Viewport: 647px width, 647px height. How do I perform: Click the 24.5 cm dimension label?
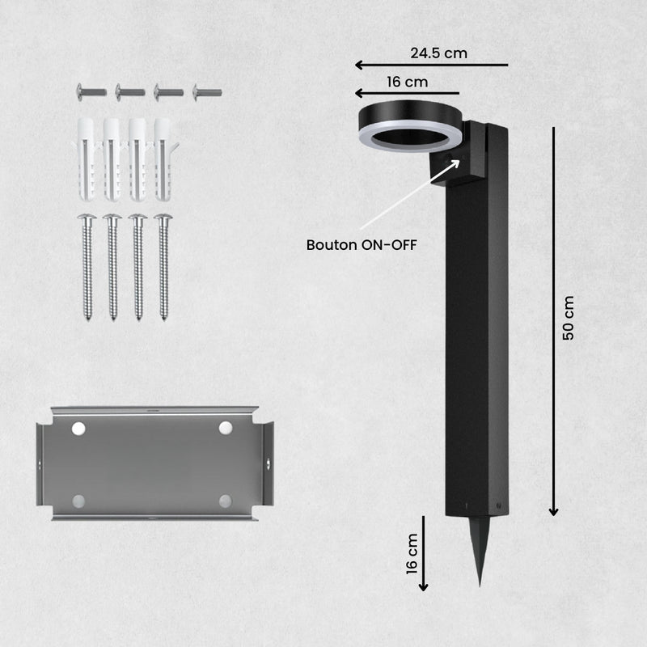438,53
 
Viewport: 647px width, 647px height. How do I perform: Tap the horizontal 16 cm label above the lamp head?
408,82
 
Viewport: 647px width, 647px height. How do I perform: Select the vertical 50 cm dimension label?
569,318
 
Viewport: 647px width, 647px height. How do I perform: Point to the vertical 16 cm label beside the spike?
412,554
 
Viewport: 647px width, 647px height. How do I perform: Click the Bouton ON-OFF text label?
362,245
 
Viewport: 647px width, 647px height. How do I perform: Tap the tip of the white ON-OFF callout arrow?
459,160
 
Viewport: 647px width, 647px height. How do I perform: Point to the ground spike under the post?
479,551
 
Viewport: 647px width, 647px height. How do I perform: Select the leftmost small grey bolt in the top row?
91,91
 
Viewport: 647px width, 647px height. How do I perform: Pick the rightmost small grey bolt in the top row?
208,92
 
